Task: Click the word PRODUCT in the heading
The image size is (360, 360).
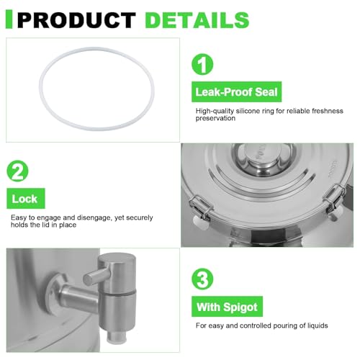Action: tap(76, 20)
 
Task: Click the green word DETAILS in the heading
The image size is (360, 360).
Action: tap(197, 20)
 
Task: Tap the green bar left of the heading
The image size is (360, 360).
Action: tap(9, 19)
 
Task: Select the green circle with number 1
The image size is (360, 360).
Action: tap(202, 64)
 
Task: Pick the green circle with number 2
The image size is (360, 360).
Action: tap(17, 171)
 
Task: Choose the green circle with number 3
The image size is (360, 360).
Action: tap(202, 279)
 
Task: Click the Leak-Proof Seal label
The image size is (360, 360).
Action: tap(236, 91)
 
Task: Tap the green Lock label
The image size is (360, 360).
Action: tap(26, 199)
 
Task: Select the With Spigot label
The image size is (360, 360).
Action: tap(227, 307)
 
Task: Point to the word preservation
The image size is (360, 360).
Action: tap(215, 118)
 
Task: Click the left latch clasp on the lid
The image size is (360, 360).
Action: tap(200, 207)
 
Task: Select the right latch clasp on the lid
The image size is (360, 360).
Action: tap(335, 197)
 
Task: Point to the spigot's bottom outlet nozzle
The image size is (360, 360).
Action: tap(117, 338)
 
